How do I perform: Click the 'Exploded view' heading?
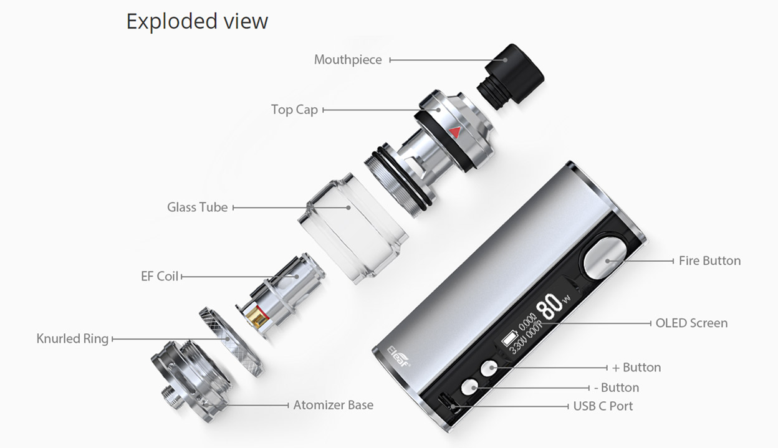click(197, 21)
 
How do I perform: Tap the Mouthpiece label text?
click(347, 60)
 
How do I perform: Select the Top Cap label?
click(294, 110)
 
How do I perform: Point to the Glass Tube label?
click(197, 207)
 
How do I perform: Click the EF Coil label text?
click(160, 276)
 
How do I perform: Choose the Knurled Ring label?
click(72, 339)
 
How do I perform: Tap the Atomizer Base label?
click(333, 405)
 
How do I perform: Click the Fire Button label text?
click(709, 261)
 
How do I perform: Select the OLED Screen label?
click(691, 323)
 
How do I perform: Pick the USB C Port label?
click(603, 406)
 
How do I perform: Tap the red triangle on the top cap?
click(454, 132)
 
